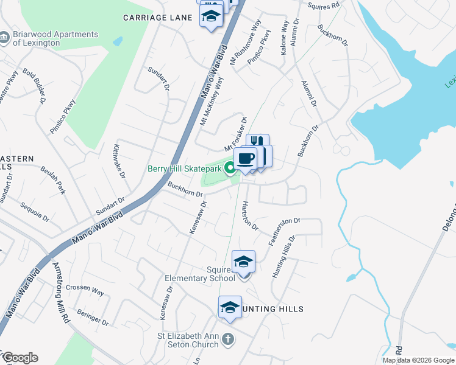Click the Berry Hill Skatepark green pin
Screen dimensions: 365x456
point(230,169)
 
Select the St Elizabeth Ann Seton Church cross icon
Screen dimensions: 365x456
point(227,339)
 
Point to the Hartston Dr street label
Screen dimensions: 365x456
point(250,215)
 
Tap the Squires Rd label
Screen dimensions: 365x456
point(323,5)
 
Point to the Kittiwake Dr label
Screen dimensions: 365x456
point(119,161)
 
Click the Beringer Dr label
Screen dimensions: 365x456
point(93,317)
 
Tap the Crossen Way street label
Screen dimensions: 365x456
point(85,290)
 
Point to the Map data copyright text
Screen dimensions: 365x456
point(418,360)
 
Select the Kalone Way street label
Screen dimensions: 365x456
point(284,39)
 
